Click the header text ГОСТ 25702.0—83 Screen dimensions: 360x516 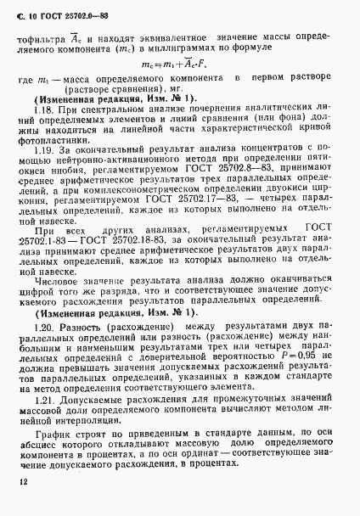tap(74, 12)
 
